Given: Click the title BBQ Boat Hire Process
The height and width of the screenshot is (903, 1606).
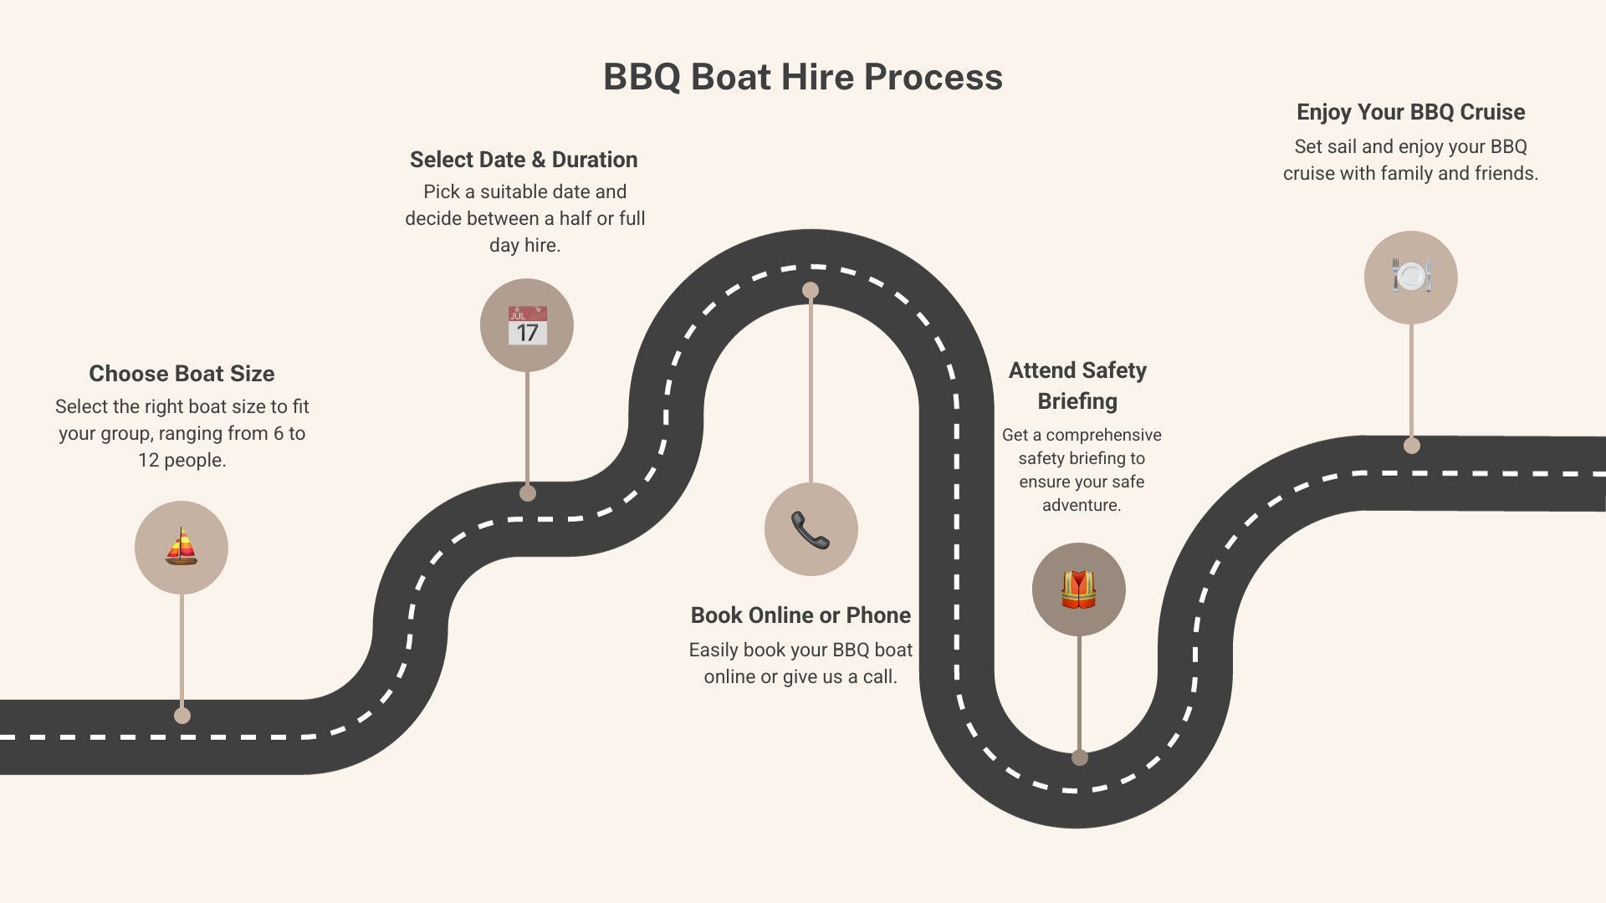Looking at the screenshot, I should (x=802, y=77).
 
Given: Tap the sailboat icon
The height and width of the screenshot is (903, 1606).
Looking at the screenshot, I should (x=182, y=548).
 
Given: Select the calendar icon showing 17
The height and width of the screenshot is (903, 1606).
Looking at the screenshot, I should (x=527, y=325).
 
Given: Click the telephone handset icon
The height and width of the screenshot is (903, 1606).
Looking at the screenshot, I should (x=811, y=529).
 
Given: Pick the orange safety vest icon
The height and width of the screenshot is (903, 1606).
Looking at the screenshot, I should (x=1078, y=589).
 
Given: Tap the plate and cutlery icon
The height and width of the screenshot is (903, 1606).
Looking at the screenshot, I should (x=1411, y=277).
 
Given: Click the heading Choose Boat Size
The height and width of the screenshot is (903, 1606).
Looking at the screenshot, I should (x=182, y=374).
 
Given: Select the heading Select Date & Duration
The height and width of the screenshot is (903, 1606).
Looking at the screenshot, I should (x=524, y=160).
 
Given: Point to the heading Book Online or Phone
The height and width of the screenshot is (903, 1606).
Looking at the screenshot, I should (x=800, y=615).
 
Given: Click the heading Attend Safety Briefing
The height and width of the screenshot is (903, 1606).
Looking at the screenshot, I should (x=1077, y=385).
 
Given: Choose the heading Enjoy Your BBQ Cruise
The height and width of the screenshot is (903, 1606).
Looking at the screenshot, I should (x=1410, y=112).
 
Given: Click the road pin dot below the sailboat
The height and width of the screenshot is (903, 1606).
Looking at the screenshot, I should (x=182, y=716).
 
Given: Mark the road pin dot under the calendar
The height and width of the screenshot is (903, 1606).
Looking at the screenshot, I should (x=527, y=493).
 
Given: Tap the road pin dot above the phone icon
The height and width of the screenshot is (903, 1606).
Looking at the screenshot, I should (x=811, y=290).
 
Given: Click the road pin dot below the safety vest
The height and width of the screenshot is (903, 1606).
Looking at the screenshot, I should (x=1080, y=758).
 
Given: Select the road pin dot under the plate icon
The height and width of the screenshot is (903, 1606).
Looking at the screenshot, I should (x=1412, y=446).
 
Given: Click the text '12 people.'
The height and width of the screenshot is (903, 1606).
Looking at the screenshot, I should (x=182, y=461).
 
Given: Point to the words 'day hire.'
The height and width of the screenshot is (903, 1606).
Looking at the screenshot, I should (x=524, y=246).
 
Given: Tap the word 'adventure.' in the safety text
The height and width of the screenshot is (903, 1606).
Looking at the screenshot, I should (x=1081, y=505).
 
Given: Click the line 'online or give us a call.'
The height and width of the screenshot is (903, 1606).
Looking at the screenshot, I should (x=800, y=677).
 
